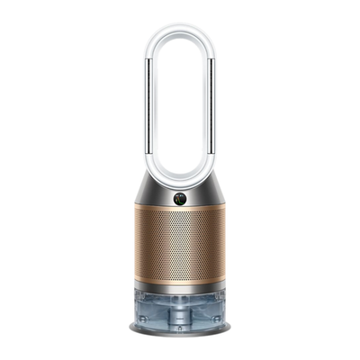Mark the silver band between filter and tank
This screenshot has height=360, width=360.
[x=180, y=287]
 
